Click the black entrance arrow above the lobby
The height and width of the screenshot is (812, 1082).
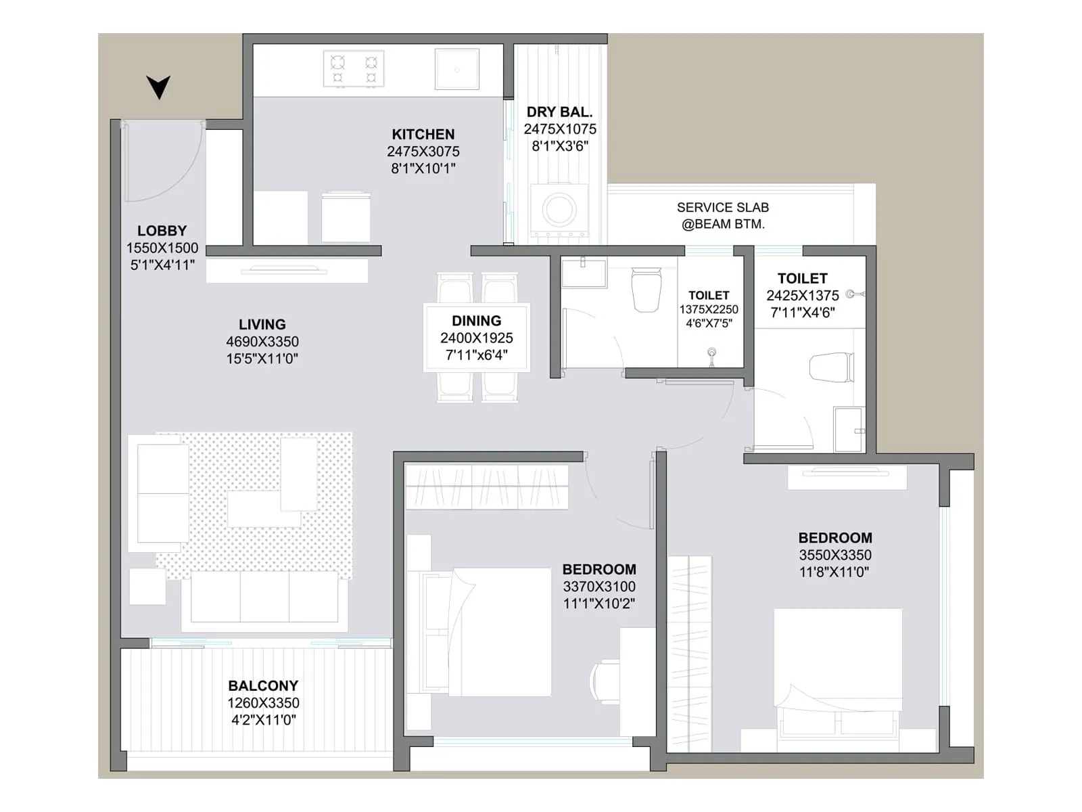click(x=158, y=87)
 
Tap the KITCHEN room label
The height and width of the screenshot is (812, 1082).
click(x=423, y=134)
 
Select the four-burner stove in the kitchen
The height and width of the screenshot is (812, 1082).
click(x=354, y=69)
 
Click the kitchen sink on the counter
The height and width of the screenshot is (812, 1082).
click(x=456, y=70)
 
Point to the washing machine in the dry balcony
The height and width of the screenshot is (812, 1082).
click(x=559, y=208)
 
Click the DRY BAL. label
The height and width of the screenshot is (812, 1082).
click(x=560, y=112)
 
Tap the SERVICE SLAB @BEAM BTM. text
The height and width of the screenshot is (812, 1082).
click(x=723, y=215)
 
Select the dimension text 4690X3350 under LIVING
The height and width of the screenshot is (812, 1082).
click(x=262, y=342)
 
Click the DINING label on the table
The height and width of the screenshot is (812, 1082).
click(x=477, y=321)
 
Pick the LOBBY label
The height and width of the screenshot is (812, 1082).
click(x=162, y=231)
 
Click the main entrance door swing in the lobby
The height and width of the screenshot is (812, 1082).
click(x=162, y=162)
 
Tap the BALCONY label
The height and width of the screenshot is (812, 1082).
click(x=263, y=685)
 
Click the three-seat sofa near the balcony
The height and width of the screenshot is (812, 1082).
click(x=264, y=597)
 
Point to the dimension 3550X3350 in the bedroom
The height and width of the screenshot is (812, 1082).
click(x=835, y=555)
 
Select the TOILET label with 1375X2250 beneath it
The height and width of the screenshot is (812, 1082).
click(x=709, y=295)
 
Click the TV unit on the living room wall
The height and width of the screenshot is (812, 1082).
click(x=287, y=271)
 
